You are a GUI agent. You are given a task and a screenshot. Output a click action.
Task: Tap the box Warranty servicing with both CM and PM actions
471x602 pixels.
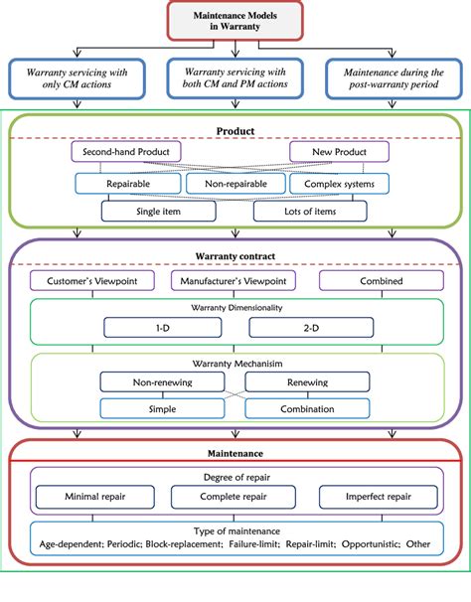click(x=235, y=77)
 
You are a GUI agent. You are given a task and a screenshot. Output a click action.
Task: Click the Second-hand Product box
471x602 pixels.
click(x=125, y=152)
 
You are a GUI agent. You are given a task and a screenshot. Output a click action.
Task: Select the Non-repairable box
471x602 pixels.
click(x=235, y=184)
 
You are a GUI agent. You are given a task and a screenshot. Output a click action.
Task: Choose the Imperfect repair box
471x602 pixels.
click(x=376, y=494)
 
